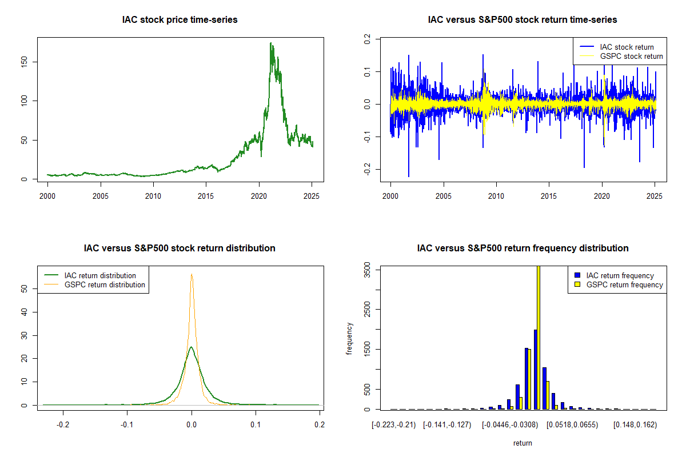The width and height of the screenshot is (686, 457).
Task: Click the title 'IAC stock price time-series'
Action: pyautogui.click(x=180, y=20)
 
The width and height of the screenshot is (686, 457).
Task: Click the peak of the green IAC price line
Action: pyautogui.click(x=271, y=43)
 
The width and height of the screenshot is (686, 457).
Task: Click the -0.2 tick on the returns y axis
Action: pyautogui.click(x=367, y=169)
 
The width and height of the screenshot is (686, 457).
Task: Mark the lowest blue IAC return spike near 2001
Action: pyautogui.click(x=409, y=176)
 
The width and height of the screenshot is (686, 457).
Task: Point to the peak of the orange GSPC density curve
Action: pyautogui.click(x=192, y=274)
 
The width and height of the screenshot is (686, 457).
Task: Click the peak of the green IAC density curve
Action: pyautogui.click(x=192, y=347)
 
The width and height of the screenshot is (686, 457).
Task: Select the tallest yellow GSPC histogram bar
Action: pyautogui.click(x=538, y=337)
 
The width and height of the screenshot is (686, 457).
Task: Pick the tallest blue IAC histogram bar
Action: pyautogui.click(x=535, y=369)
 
